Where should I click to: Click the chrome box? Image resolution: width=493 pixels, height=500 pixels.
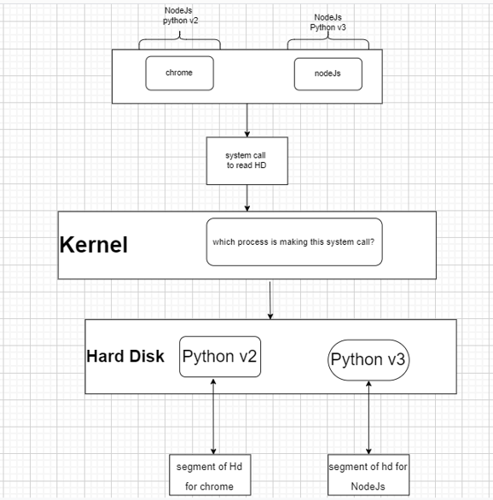tap(179, 73)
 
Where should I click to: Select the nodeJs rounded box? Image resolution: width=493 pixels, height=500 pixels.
tap(328, 74)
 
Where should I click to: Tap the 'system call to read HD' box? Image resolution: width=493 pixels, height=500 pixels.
tap(246, 161)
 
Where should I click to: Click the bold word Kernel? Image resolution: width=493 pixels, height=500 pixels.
tap(94, 246)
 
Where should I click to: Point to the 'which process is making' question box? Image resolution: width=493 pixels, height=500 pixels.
tap(293, 241)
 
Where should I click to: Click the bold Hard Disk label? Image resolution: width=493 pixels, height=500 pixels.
tap(125, 357)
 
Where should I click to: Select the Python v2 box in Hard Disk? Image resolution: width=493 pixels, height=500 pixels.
tap(219, 357)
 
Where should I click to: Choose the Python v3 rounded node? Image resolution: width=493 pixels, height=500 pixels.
tap(368, 359)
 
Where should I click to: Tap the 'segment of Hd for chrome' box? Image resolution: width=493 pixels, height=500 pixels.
tap(213, 476)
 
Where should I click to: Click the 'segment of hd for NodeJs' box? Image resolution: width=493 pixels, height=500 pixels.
tap(368, 476)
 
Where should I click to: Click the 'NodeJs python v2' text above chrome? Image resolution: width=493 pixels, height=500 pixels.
tap(180, 16)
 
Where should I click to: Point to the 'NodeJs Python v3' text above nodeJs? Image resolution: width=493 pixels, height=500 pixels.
tap(328, 21)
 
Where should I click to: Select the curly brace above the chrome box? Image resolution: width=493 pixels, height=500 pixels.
tap(180, 42)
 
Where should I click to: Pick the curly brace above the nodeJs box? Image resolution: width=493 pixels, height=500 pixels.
tap(328, 42)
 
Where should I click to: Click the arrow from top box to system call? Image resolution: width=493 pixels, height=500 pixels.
tap(246, 120)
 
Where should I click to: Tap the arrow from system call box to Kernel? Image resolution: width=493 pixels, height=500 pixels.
tap(246, 197)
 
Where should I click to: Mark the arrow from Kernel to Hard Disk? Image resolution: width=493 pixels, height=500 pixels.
tap(270, 299)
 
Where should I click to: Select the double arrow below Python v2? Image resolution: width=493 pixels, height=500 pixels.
tap(213, 418)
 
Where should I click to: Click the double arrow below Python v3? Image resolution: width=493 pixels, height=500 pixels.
tap(368, 418)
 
